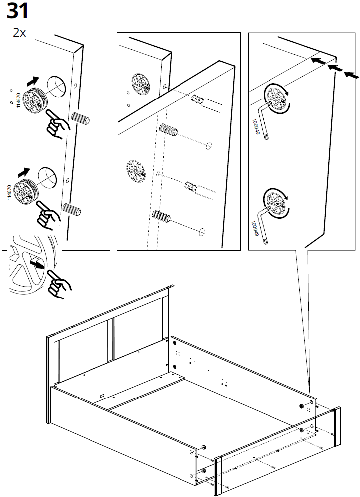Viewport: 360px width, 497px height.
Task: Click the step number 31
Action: tap(17, 11)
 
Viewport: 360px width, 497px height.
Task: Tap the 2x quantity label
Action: tap(19, 33)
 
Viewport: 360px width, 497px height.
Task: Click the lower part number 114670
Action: tap(9, 192)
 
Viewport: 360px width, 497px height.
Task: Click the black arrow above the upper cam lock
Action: tap(33, 79)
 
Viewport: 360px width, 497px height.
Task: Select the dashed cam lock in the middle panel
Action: tap(135, 169)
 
